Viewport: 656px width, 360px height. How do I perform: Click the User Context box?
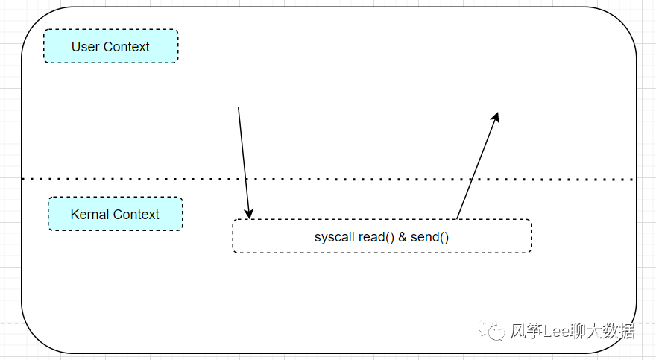(x=111, y=46)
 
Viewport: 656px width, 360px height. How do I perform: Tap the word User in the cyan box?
(x=85, y=47)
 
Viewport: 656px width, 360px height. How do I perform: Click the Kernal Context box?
(x=116, y=214)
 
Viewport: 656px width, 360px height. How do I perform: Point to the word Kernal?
(x=89, y=215)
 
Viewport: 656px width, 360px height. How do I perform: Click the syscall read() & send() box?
(x=382, y=236)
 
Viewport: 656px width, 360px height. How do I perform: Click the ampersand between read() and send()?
(x=403, y=237)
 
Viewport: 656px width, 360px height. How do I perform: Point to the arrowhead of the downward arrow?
(x=249, y=213)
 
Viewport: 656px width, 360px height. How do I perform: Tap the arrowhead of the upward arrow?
(x=495, y=118)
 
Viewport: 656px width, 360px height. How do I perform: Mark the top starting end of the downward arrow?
(x=239, y=109)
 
